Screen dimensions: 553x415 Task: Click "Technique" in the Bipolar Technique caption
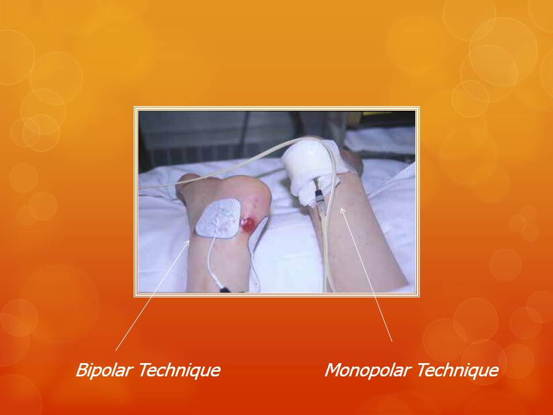(179, 370)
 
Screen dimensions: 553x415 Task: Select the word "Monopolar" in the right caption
(368, 370)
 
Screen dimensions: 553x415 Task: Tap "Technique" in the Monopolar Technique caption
(458, 370)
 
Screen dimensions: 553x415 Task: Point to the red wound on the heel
(248, 225)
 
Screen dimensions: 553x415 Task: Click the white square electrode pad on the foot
(219, 218)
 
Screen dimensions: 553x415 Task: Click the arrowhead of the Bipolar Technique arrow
(188, 242)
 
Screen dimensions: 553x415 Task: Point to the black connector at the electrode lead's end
(225, 290)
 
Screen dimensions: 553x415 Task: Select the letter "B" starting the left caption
(82, 370)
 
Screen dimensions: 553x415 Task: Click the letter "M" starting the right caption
(334, 370)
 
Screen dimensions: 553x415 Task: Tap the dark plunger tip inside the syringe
(319, 194)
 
